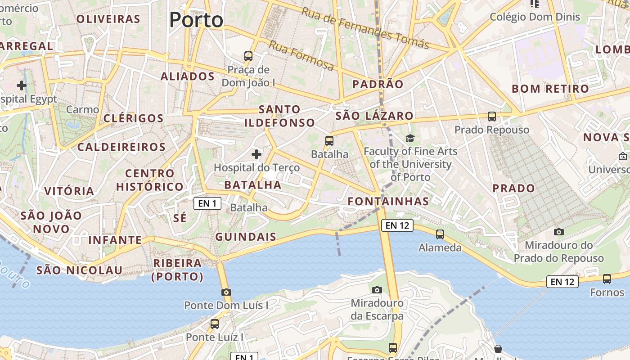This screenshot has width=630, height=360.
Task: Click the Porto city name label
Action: (196, 20)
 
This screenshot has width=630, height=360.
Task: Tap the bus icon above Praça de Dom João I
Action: (248, 56)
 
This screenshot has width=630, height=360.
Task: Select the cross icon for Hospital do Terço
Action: (256, 154)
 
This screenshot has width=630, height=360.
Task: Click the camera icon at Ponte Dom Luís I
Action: (226, 292)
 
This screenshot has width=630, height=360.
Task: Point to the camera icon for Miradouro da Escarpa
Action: (377, 290)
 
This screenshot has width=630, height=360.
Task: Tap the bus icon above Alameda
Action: (440, 234)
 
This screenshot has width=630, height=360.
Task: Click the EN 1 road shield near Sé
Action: (207, 203)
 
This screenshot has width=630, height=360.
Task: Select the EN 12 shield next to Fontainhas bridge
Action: (397, 225)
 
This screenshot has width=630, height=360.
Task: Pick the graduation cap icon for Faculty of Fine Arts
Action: (410, 138)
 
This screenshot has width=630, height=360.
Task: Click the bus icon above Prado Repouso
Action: (492, 117)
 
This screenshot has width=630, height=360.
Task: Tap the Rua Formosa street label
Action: (301, 55)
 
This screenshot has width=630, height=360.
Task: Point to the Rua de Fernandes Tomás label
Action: (365, 27)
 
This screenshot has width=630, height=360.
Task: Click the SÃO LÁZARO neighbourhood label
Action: (374, 116)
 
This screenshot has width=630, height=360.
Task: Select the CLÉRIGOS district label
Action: (134, 118)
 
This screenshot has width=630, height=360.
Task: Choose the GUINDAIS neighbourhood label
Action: (246, 237)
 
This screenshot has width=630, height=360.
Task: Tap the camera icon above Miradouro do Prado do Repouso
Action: (559, 232)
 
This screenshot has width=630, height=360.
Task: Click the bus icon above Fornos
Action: (607, 279)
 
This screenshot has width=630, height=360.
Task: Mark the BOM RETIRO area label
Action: (550, 89)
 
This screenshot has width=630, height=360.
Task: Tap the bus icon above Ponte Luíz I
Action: (215, 324)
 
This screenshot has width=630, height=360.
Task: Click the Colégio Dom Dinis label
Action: (535, 17)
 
